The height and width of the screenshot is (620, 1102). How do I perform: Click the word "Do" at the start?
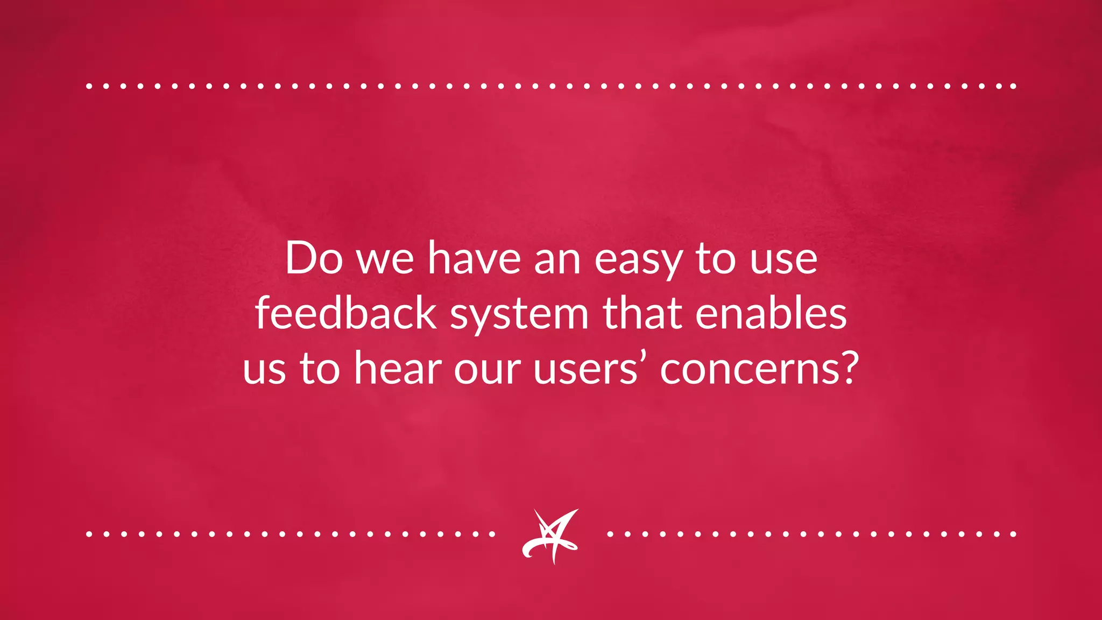[x=314, y=259]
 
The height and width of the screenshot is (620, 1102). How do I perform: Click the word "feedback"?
[x=345, y=314]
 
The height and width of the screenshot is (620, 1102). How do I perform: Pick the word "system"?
[x=519, y=316]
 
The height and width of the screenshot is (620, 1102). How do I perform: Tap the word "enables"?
[x=771, y=314]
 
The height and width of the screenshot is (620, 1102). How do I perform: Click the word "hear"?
[x=398, y=369]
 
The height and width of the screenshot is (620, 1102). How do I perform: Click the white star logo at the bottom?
[x=550, y=536]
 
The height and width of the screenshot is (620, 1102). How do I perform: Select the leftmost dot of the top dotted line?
[x=89, y=86]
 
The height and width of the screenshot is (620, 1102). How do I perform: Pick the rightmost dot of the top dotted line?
[x=1013, y=86]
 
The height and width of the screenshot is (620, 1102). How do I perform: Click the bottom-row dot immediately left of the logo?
[x=492, y=534]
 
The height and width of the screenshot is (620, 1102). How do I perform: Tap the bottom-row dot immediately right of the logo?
[x=610, y=534]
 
